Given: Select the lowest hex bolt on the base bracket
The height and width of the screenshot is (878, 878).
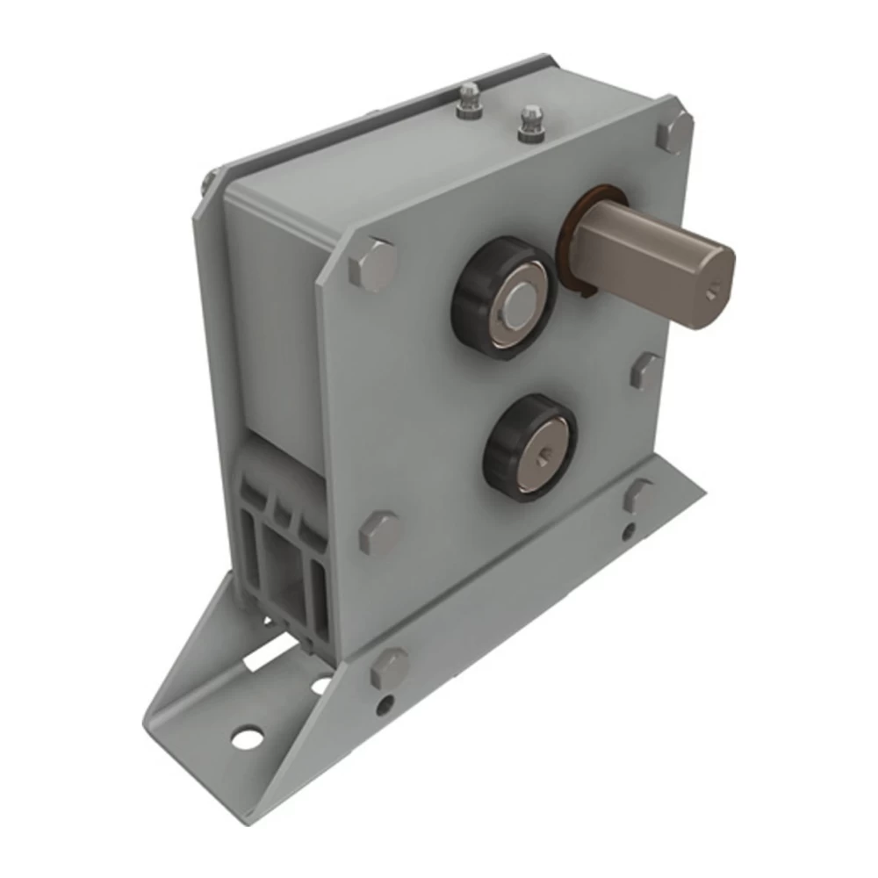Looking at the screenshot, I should coord(388,667).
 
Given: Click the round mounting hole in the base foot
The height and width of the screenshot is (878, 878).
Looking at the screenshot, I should coord(248,737).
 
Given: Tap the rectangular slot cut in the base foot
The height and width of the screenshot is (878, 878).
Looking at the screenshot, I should coord(272,653).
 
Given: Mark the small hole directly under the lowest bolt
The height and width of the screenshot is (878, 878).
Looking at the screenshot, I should coord(385,705).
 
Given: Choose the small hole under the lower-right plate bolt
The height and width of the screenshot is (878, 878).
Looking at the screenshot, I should coord(629,530).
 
